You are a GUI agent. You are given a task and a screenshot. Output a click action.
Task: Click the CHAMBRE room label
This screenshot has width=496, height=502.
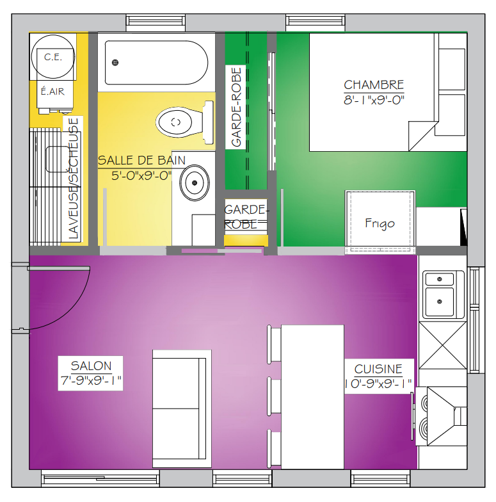pos(374,85)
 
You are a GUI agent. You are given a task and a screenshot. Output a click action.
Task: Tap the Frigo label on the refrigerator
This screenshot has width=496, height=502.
pos(380,223)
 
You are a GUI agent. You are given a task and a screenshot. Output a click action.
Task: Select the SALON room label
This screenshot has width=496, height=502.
pos(91,366)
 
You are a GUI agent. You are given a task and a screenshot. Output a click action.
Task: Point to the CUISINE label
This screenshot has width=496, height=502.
pos(378,369)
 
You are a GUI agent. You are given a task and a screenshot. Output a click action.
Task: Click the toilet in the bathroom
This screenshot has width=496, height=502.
pos(186,122)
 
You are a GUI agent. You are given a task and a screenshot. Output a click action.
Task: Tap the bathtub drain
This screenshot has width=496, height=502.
pos(115,63)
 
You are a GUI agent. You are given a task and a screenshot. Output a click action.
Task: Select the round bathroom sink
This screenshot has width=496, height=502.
pos(195,183)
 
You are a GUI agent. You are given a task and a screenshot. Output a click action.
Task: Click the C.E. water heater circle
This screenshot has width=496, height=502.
pos(53,56)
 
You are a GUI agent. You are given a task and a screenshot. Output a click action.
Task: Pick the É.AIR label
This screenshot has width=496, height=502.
pos(52,92)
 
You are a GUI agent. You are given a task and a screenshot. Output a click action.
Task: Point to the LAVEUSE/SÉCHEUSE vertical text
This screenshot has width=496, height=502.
pos(73,179)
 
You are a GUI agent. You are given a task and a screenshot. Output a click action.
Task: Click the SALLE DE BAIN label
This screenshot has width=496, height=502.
pos(142,160)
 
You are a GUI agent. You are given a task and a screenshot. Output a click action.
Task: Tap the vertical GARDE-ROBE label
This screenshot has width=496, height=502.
pos(236,107)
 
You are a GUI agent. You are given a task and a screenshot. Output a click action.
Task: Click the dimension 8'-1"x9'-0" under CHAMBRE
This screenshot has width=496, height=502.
pos(374,100)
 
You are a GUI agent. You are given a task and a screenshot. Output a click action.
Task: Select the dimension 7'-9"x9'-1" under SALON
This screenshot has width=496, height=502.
pos(91,380)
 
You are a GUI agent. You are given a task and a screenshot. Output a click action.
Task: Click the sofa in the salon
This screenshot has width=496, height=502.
pos(182,409)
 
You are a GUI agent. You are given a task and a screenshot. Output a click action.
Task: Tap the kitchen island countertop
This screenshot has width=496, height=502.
pos(312,397)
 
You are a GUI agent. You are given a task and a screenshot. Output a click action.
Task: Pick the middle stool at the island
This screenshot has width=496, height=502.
pos(274,396)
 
